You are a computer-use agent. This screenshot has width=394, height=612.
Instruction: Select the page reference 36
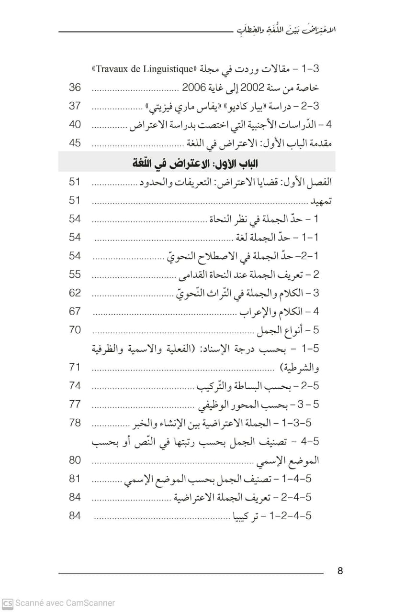[x=75, y=87]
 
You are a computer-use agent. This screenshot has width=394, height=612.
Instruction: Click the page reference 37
[x=75, y=106]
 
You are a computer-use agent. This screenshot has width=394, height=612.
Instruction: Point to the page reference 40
[x=75, y=125]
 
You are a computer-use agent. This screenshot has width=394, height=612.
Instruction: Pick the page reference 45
[x=75, y=143]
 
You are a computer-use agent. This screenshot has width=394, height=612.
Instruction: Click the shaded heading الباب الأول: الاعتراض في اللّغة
[x=196, y=164]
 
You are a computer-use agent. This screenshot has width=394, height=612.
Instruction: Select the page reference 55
[x=75, y=274]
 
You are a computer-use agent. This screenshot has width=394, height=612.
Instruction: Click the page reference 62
[x=75, y=293]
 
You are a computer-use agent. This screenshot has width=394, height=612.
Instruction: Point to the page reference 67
[x=75, y=311]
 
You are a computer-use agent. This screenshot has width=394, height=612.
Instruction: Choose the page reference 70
[x=75, y=330]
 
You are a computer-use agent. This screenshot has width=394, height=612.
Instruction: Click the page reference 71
[x=75, y=367]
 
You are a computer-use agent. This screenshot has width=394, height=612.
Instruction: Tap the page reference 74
[x=75, y=386]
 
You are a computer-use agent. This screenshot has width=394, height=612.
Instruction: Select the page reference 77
[x=75, y=404]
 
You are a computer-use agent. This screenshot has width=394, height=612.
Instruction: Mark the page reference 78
[x=75, y=423]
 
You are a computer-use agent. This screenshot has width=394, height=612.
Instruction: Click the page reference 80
[x=75, y=460]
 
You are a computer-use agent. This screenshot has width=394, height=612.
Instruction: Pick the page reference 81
[x=75, y=479]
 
